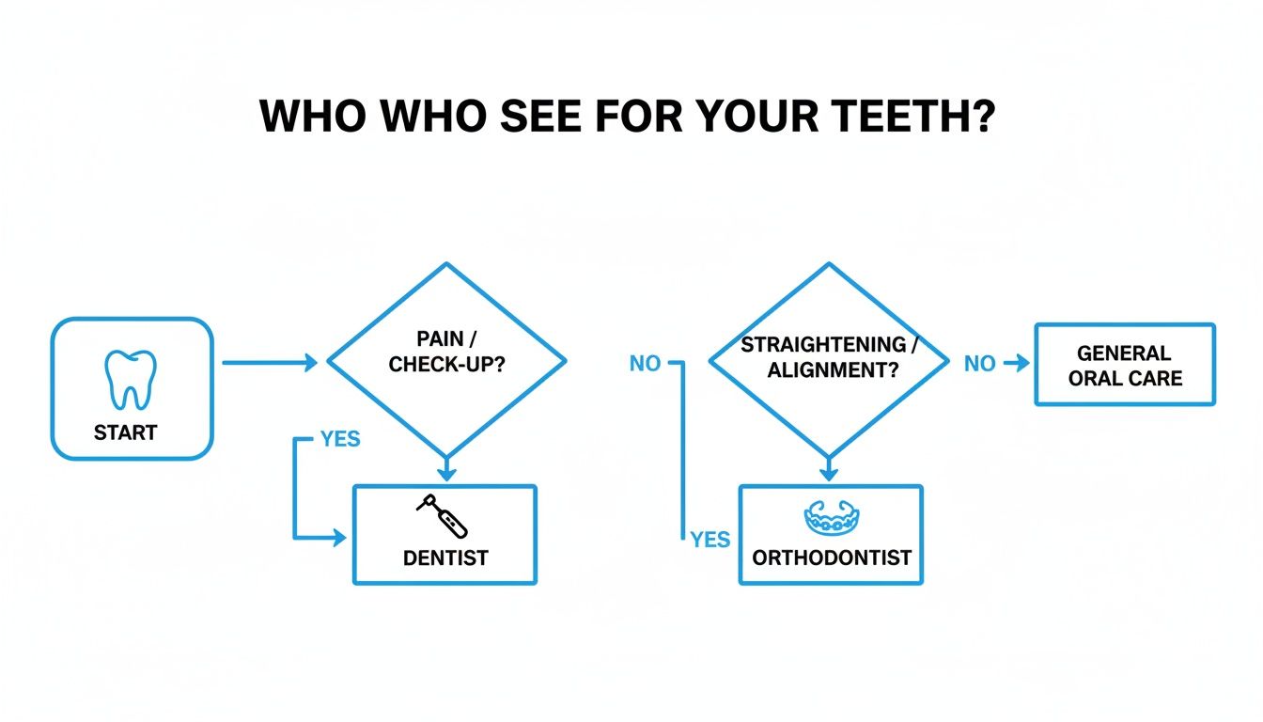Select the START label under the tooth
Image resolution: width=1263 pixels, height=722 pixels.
(125, 433)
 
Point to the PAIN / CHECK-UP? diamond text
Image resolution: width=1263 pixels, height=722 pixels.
(446, 351)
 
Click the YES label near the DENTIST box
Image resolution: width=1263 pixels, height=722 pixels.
(339, 440)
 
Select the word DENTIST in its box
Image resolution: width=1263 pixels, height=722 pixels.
(445, 557)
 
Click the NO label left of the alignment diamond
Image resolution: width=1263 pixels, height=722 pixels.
(646, 364)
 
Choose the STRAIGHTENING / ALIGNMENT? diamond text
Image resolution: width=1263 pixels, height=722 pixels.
(829, 357)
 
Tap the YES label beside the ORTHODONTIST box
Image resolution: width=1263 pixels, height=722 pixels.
(710, 540)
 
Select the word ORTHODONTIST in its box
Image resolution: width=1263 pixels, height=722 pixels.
(832, 557)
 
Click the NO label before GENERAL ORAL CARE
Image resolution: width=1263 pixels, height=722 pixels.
(979, 364)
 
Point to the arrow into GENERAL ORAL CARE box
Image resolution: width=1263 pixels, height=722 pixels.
(1016, 363)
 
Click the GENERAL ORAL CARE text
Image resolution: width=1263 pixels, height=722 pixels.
(1124, 366)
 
